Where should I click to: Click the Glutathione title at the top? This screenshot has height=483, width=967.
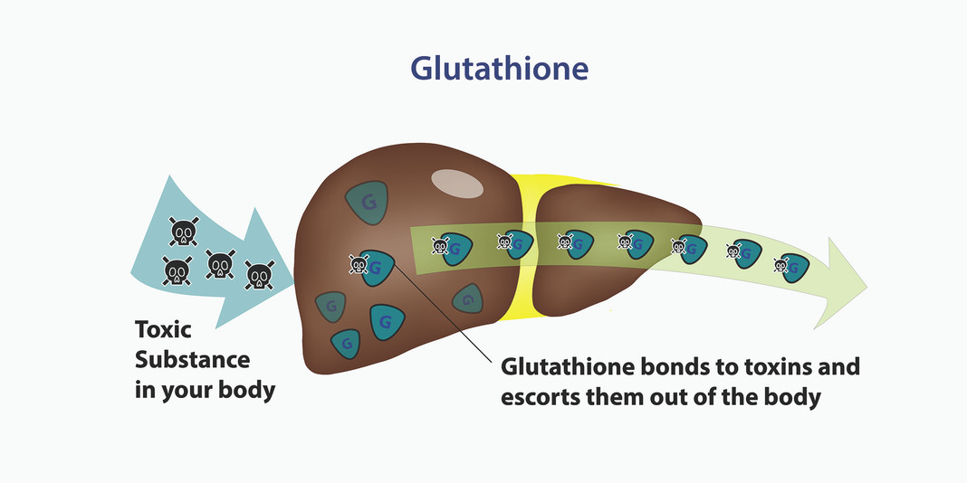point(499,70)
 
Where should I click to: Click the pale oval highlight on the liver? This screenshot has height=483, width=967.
point(458,183)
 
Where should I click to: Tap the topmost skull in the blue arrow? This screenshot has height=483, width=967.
point(183,232)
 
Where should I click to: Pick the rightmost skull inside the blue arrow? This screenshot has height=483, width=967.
point(258,272)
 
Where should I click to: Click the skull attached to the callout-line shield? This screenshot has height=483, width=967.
point(359,265)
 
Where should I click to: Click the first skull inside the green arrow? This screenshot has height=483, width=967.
point(440,244)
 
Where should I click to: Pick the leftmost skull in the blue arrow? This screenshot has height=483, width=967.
point(176,270)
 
